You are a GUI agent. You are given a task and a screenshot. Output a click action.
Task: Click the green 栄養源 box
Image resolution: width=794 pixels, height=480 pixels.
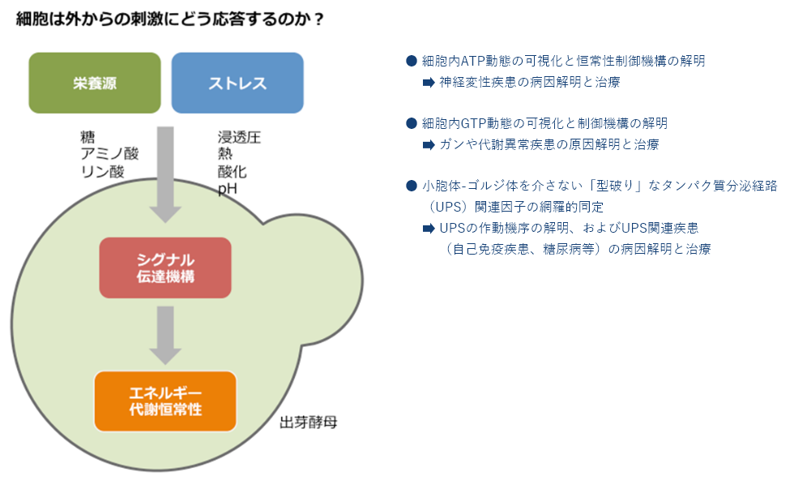95,83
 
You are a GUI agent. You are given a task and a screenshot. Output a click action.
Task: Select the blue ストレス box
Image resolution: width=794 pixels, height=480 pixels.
237,83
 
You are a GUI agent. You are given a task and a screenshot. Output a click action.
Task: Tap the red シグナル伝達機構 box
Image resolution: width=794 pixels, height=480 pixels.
165,268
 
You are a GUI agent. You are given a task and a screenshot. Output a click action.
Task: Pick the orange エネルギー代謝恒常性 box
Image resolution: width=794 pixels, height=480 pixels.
165,401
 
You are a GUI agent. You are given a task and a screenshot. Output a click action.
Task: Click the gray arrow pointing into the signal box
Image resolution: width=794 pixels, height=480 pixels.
165,175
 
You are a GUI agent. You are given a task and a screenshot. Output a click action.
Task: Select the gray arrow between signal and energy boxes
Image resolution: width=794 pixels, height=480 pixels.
165,335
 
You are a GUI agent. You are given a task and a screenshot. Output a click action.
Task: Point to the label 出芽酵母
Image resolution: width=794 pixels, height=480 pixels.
309,422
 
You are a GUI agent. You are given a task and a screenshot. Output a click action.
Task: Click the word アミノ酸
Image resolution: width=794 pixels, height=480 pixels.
109,154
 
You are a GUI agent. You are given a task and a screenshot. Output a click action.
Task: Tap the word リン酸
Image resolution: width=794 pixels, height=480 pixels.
102,171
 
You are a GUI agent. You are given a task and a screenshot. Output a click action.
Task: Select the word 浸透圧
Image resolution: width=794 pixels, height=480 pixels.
239,137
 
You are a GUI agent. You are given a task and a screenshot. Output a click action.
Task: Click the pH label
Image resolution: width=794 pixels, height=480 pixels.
228,189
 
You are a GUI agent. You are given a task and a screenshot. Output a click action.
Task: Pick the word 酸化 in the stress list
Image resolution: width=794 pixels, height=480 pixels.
232,171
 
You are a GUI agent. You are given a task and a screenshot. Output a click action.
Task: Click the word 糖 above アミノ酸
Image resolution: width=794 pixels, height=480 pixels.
88,137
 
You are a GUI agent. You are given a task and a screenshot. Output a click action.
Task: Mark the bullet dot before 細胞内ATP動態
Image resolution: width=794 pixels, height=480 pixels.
412,61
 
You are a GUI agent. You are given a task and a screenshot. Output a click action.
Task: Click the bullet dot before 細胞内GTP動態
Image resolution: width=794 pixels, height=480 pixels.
412,123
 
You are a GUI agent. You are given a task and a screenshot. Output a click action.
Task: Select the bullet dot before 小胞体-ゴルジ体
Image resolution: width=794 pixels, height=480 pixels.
412,186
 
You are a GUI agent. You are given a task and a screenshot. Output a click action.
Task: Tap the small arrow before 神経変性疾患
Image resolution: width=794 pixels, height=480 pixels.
429,82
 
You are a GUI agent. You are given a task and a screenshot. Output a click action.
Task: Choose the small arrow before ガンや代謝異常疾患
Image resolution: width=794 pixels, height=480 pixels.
429,145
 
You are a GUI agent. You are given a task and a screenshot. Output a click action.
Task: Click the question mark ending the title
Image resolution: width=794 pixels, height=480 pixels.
318,19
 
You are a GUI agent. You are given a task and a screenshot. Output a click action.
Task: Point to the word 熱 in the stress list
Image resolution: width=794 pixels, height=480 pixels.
225,154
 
